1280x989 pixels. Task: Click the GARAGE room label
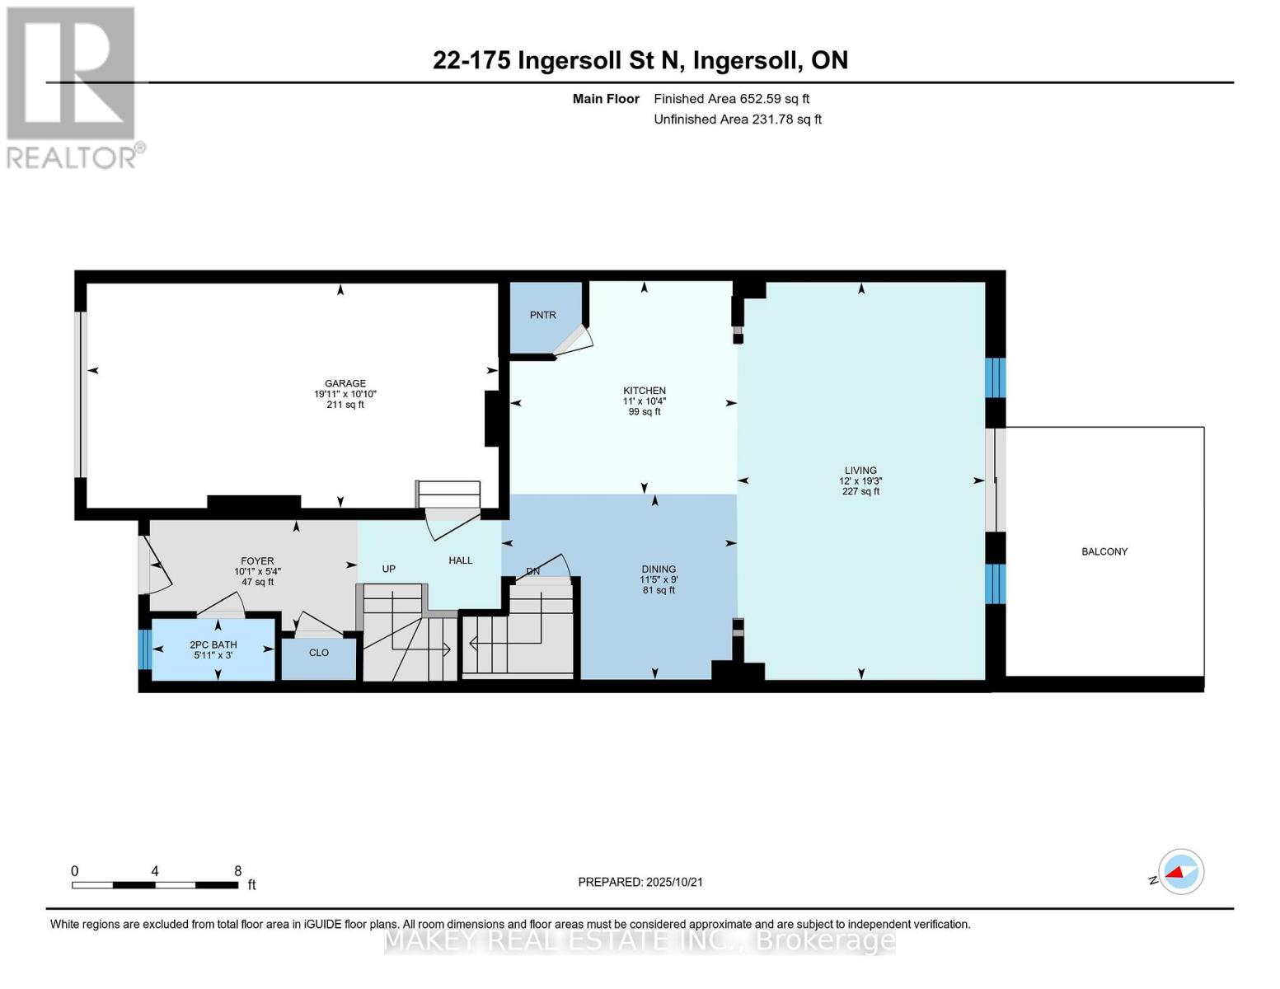point(345,383)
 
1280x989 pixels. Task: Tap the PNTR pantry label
point(542,315)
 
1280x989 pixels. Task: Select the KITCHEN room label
point(645,391)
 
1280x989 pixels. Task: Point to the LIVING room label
point(860,470)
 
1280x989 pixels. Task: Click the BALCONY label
point(1104,551)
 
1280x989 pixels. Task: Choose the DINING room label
point(659,569)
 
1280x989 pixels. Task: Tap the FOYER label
point(257,561)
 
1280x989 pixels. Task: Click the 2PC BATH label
point(213,644)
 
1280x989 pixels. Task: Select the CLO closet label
point(319,653)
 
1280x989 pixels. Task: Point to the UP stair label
point(389,569)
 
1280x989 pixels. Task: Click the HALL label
point(461,560)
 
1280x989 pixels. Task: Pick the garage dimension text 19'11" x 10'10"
point(345,394)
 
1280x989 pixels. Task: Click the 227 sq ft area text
point(860,491)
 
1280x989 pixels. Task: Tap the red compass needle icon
point(1175,872)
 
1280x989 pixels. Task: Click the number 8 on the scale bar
point(237,871)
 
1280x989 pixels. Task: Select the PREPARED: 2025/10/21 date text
point(640,883)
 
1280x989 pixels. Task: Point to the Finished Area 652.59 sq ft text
point(732,99)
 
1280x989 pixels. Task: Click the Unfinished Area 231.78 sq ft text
point(738,120)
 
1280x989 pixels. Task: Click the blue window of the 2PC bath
point(144,649)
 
